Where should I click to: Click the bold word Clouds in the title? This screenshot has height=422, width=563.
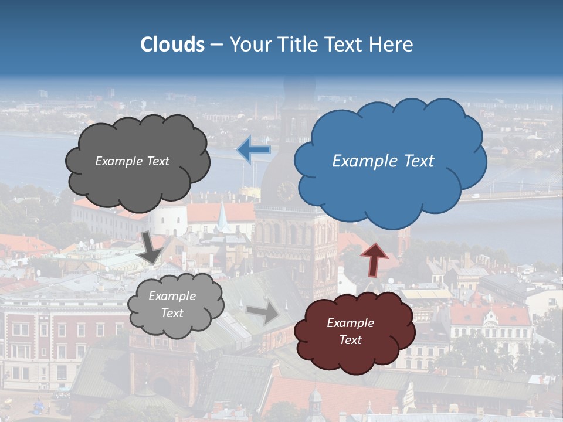[x=172, y=45]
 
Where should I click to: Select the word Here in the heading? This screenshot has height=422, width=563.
[x=391, y=45]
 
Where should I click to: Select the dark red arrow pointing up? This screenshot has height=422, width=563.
[x=374, y=258]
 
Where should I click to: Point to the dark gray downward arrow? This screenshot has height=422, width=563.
[x=151, y=247]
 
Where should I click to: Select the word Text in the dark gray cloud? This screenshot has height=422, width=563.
[x=157, y=161]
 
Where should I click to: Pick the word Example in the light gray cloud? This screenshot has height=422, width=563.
[x=172, y=297]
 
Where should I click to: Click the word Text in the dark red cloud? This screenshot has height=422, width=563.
[x=350, y=340]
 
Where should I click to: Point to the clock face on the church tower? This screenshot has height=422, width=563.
[x=286, y=189]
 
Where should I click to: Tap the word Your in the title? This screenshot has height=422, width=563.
[x=248, y=45]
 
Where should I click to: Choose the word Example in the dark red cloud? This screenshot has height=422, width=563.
[x=350, y=323]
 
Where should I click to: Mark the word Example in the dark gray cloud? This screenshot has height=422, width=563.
[x=117, y=161]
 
